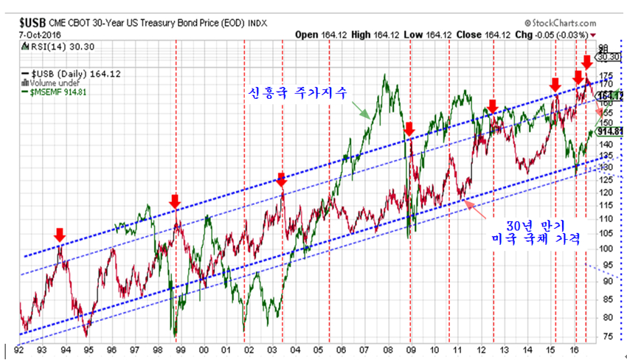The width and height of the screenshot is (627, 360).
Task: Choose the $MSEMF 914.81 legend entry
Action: [x=59, y=91]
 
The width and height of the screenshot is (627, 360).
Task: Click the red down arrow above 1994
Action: [x=60, y=235]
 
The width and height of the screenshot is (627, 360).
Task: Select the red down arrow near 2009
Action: [x=410, y=130]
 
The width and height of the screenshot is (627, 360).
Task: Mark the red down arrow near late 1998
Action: [x=175, y=201]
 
